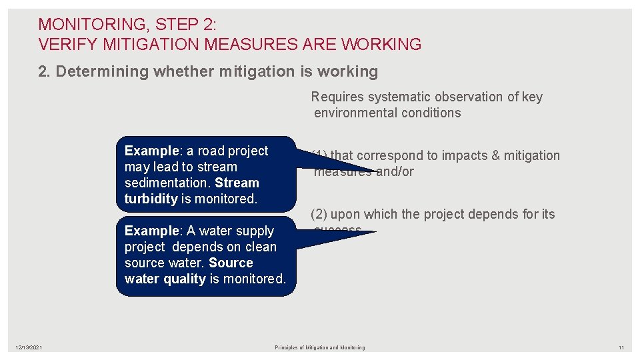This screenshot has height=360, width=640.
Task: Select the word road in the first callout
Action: pos(213,151)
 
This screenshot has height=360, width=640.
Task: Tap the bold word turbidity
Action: pos(151,199)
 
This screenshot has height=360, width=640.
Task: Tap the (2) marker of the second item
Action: pos(319,215)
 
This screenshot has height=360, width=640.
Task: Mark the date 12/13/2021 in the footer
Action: pos(29,347)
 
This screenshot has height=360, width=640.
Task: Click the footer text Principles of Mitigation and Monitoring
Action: pos(320,347)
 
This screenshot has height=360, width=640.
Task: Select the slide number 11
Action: pos(620,347)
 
